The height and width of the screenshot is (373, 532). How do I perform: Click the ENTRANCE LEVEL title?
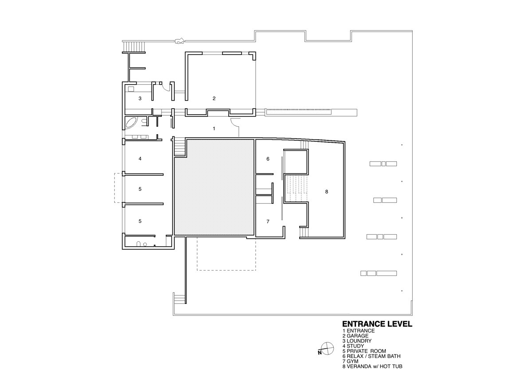coord(377,324)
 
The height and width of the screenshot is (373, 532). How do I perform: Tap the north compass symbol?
coord(327,349)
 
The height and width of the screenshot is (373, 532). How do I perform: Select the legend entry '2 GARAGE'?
coord(355,336)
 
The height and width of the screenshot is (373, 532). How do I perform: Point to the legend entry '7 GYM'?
coord(350,361)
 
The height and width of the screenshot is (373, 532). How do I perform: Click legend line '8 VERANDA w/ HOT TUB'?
coord(372,366)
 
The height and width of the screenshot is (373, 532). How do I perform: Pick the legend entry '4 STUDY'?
coord(353,346)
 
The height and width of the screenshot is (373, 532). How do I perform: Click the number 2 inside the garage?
coord(214,98)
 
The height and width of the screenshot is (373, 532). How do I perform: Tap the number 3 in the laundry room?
coord(140,98)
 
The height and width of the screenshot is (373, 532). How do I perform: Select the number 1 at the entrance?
coord(214,128)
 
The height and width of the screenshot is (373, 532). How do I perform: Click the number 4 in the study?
coord(140,159)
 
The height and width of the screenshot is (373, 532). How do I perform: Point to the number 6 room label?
coord(268,159)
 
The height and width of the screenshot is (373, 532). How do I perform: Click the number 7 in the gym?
coord(268,221)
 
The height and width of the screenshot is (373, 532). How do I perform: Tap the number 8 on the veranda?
coord(327,192)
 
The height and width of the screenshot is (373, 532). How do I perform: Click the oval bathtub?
coord(131,123)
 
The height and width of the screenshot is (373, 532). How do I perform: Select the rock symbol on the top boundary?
coord(180,41)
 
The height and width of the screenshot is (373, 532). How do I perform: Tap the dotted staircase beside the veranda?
coord(296,187)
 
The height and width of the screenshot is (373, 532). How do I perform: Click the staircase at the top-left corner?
coord(134,47)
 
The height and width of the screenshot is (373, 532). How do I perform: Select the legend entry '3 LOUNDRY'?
coord(357,341)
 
